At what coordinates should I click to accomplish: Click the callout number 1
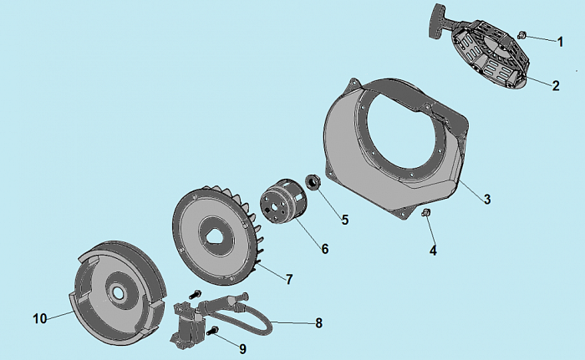pyautogui.click(x=560, y=42)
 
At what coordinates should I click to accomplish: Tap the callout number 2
pyautogui.click(x=556, y=86)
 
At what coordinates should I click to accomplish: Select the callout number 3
pyautogui.click(x=487, y=200)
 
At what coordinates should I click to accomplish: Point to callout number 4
pyautogui.click(x=433, y=251)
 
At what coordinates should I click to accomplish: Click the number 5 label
pyautogui.click(x=345, y=220)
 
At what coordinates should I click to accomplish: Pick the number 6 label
pyautogui.click(x=325, y=249)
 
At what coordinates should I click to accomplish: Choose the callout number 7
pyautogui.click(x=289, y=279)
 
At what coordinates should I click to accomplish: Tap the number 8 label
pyautogui.click(x=318, y=323)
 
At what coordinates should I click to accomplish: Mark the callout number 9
pyautogui.click(x=242, y=349)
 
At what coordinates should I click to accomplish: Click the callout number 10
pyautogui.click(x=40, y=318)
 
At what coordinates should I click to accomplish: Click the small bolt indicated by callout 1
pyautogui.click(x=521, y=35)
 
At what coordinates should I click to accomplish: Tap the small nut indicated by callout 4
pyautogui.click(x=425, y=213)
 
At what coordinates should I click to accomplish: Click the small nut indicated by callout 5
pyautogui.click(x=313, y=182)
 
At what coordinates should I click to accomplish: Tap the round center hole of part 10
pyautogui.click(x=119, y=292)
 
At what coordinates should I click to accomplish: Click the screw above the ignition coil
pyautogui.click(x=195, y=294)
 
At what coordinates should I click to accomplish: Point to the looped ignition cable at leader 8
pyautogui.click(x=242, y=317)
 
